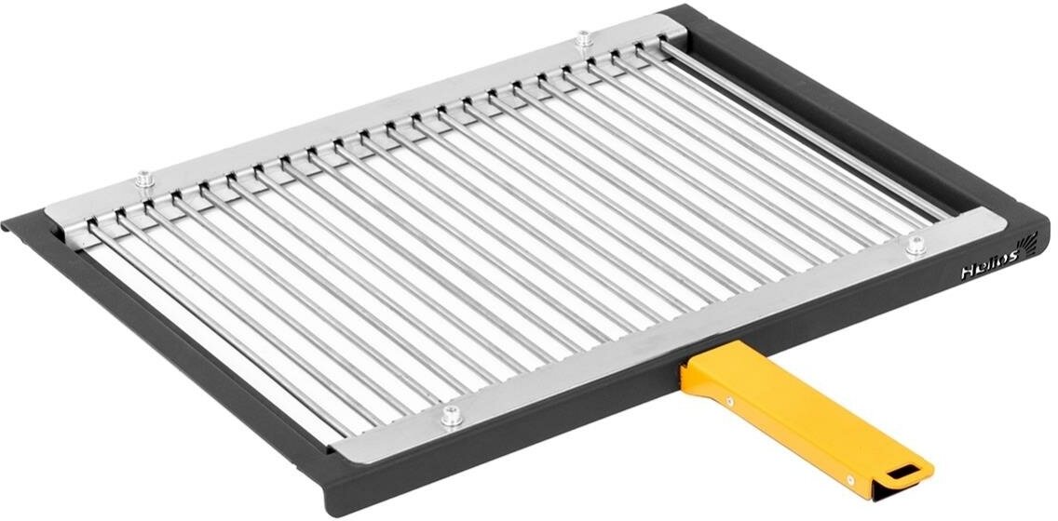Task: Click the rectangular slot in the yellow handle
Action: coord(901,472)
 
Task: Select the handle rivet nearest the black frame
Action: coord(728,402)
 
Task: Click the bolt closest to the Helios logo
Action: coord(916,245)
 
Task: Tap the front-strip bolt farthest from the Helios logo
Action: coord(452,415)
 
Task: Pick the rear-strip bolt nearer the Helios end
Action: coord(583,39)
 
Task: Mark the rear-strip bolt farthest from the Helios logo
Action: coord(144,178)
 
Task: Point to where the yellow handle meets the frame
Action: coord(694,368)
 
